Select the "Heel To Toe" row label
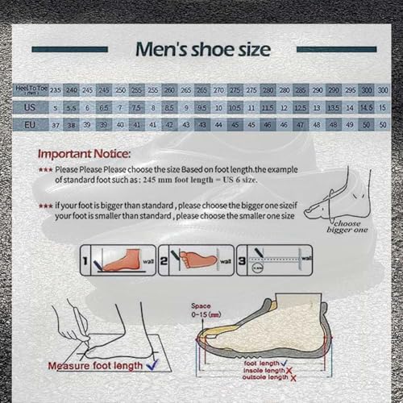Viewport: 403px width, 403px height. tap(30, 89)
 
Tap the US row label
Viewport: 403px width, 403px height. tap(30, 107)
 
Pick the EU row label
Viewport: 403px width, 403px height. tap(30, 125)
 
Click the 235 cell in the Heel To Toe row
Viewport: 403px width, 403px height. tap(56, 89)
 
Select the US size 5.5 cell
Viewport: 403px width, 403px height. tap(71, 107)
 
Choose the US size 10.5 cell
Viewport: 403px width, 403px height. tap(235, 107)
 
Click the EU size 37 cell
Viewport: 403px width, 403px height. tap(56, 125)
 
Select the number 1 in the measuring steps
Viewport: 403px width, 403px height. tap(85, 261)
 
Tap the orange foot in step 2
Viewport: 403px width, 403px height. tap(190, 261)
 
